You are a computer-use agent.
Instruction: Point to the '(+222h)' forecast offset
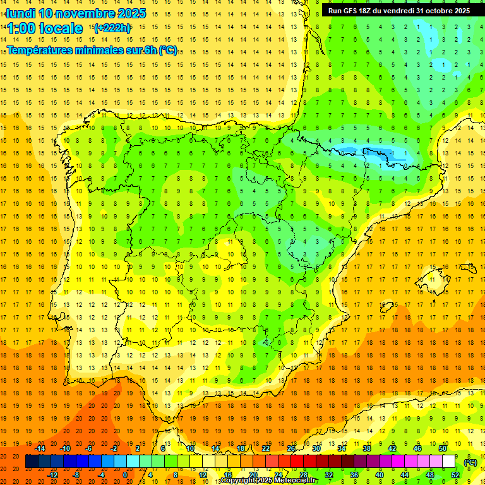point(112,28)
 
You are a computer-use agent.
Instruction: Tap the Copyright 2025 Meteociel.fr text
point(269,481)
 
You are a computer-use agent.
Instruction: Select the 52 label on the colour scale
point(455,475)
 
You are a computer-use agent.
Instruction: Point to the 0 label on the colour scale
point(126,475)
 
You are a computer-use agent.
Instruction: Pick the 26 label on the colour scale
point(291,448)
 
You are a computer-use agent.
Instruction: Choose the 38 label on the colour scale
point(367,448)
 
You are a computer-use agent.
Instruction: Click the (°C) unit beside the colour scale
point(470,462)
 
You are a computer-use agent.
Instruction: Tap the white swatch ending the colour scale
point(449,462)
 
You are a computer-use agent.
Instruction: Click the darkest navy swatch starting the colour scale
point(32,462)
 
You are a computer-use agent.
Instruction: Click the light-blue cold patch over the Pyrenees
point(366,152)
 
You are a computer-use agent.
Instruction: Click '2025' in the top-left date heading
point(131,13)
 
